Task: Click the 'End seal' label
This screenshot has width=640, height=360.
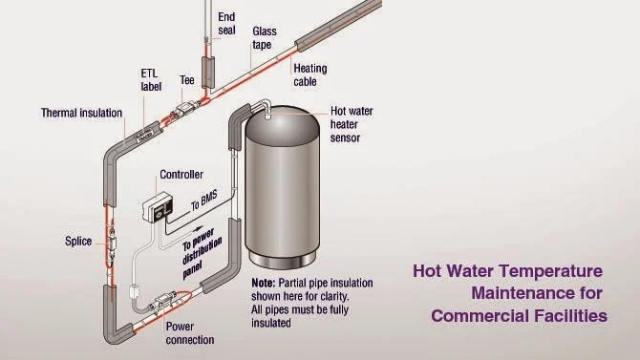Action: [226, 23]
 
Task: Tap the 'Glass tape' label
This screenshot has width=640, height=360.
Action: [265, 37]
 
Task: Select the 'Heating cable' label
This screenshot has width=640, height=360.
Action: [310, 74]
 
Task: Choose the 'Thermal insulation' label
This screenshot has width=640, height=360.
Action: [81, 113]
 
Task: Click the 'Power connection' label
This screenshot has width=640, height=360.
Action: [189, 332]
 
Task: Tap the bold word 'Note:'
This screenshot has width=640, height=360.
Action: [264, 284]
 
